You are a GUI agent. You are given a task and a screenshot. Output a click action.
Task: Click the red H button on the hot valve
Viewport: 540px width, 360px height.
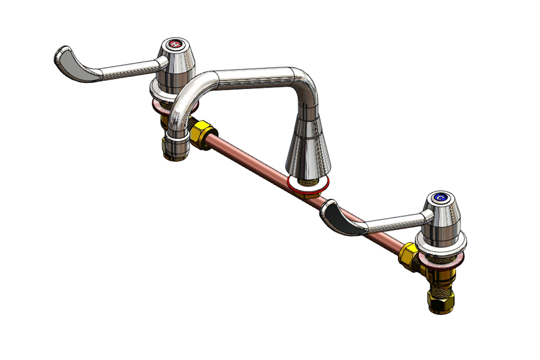pos(175,45)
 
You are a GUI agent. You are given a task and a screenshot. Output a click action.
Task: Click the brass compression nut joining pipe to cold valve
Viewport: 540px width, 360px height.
pos(407,256)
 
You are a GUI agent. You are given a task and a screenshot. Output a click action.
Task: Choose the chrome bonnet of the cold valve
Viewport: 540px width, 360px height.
pos(443,218)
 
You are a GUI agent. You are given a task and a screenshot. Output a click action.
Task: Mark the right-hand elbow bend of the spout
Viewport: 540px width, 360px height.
pos(306,83)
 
